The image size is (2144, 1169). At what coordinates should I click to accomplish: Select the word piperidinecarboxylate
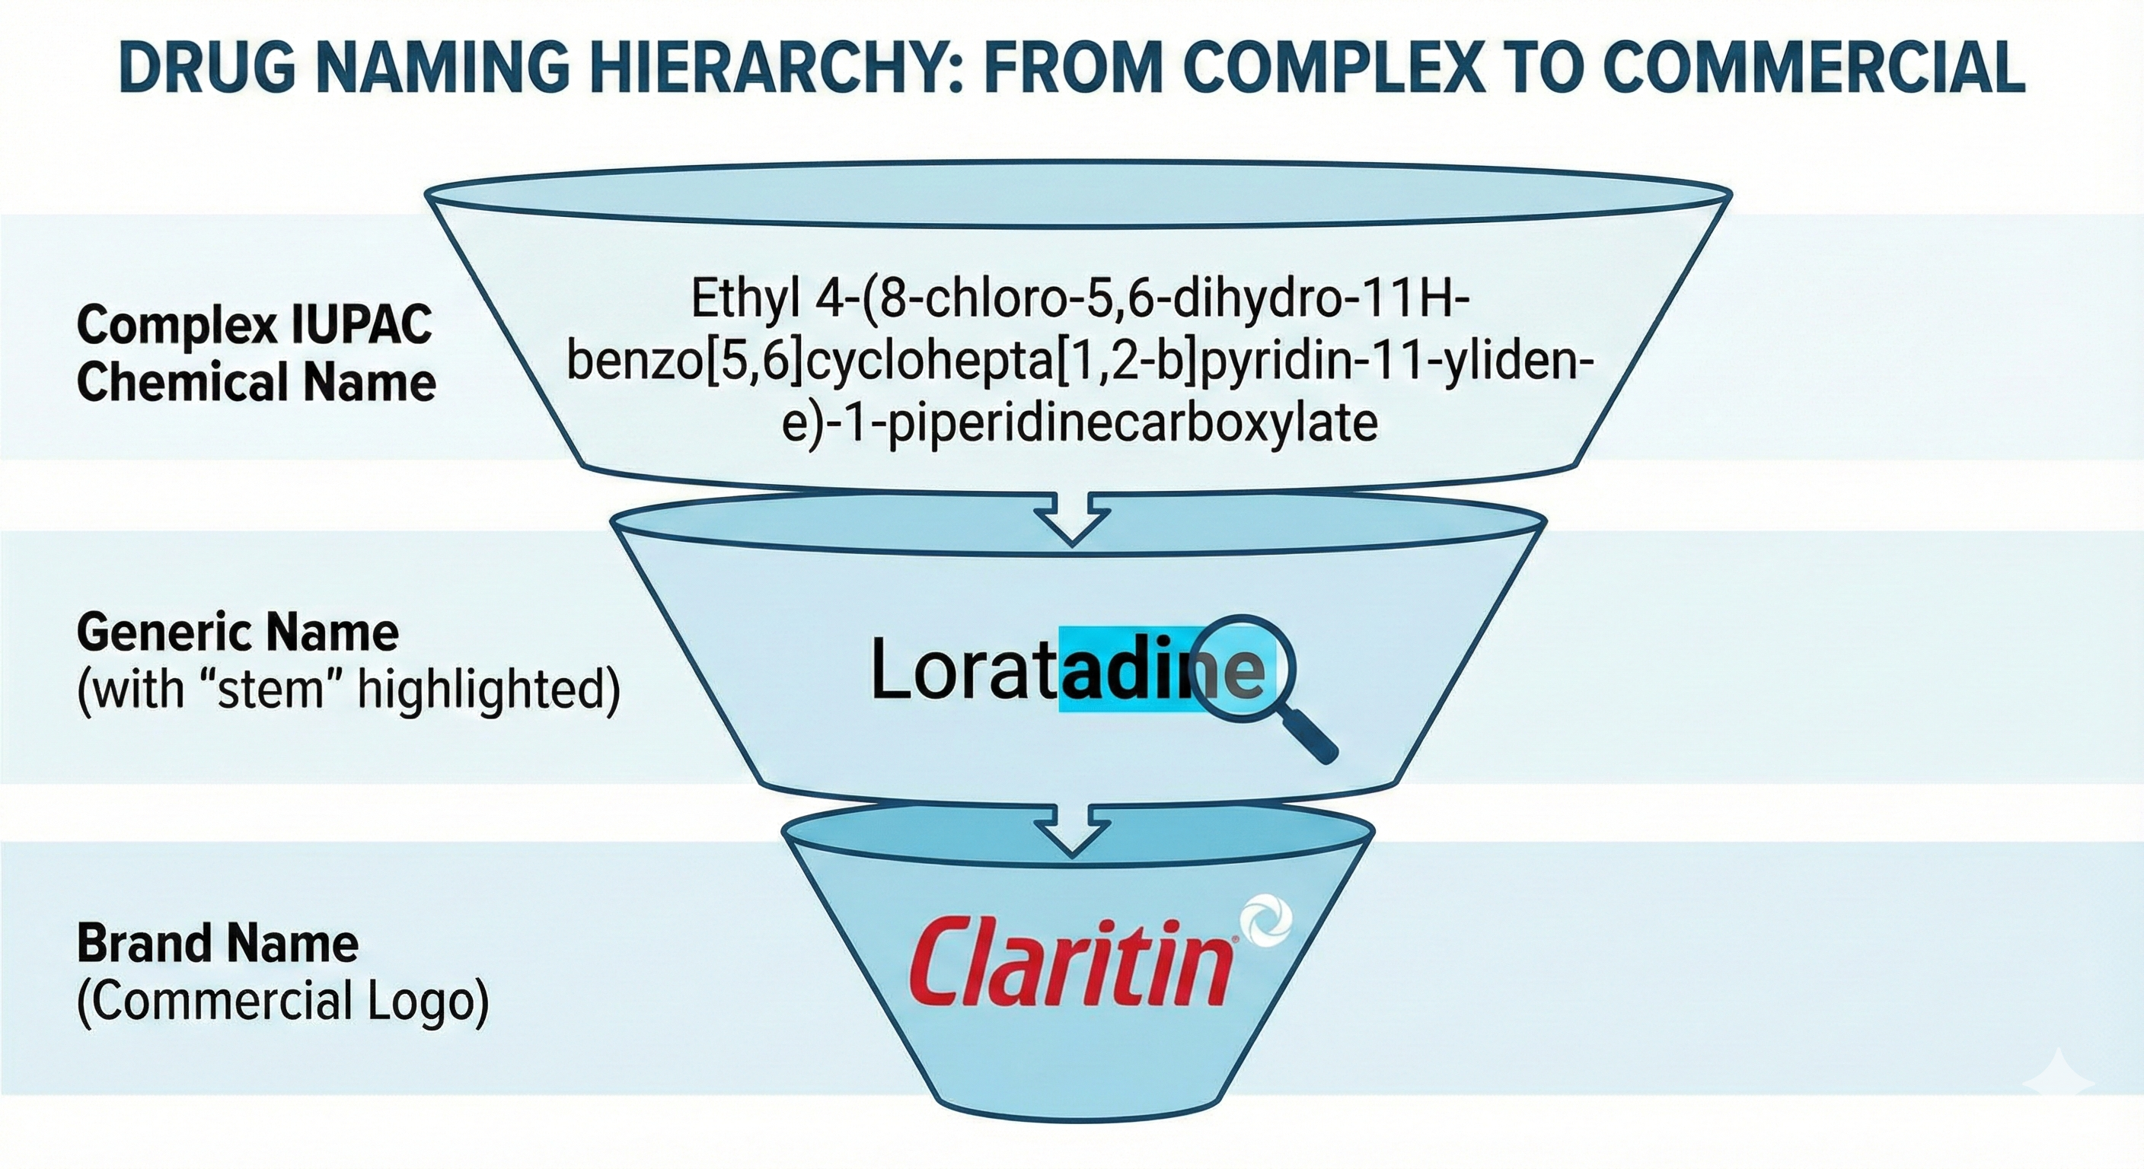pos(1133,422)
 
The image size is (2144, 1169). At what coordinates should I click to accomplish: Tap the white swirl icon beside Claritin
pos(1265,923)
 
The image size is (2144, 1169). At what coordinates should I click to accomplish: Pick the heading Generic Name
pos(238,633)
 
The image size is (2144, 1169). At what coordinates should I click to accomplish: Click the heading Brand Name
pos(218,944)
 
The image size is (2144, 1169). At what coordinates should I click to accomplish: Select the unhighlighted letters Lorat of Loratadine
pos(962,670)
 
